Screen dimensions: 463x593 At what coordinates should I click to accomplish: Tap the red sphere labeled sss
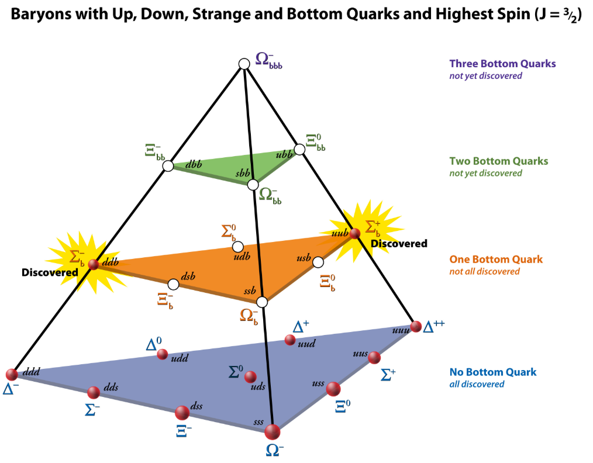[273, 433]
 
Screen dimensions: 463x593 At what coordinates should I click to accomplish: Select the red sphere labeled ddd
[12, 375]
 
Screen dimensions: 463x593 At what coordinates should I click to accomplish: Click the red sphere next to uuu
[416, 326]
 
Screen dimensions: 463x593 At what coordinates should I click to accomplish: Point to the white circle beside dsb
[173, 284]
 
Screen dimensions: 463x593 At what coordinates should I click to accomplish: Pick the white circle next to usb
[318, 261]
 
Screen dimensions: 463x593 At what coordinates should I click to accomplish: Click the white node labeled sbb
[253, 185]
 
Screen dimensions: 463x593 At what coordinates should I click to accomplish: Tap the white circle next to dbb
[168, 166]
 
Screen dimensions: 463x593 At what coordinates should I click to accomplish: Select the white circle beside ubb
[299, 150]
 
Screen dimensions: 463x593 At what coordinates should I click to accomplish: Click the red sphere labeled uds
[250, 376]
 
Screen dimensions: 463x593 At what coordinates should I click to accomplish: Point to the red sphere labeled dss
[182, 413]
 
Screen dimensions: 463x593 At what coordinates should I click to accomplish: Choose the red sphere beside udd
[162, 354]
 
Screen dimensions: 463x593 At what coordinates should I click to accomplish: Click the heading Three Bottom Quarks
[502, 64]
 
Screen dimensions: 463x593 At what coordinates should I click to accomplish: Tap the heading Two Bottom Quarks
[498, 161]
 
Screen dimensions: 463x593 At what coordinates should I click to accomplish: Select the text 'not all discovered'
[484, 271]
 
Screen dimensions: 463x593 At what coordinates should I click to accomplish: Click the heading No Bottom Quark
[492, 372]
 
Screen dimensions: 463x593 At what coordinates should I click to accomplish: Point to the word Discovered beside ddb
[50, 272]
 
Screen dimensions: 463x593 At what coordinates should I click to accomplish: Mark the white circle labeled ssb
[262, 302]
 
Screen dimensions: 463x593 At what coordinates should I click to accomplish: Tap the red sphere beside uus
[374, 357]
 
